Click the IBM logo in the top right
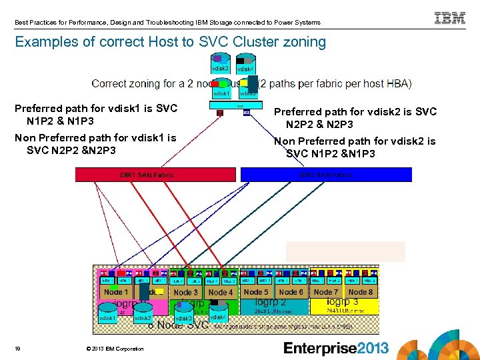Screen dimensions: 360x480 [450, 18]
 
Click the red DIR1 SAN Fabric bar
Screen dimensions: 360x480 [155, 175]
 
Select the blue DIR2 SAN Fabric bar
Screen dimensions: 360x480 [326, 175]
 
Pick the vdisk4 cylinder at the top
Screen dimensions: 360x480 [245, 66]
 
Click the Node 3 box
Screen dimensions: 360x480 [186, 293]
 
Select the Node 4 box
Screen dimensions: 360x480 [221, 293]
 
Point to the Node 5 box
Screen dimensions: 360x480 [256, 292]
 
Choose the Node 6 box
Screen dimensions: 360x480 [291, 292]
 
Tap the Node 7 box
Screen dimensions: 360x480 [326, 292]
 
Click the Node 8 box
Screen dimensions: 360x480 [361, 292]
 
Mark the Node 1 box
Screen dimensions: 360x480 [116, 292]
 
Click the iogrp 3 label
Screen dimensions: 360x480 [343, 302]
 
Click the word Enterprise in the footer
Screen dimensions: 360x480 [322, 348]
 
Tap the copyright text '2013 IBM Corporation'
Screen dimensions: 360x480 [115, 349]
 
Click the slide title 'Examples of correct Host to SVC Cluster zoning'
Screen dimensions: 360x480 [170, 43]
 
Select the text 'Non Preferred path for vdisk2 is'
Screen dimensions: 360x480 [355, 141]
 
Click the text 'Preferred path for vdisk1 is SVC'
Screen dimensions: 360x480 [96, 109]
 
